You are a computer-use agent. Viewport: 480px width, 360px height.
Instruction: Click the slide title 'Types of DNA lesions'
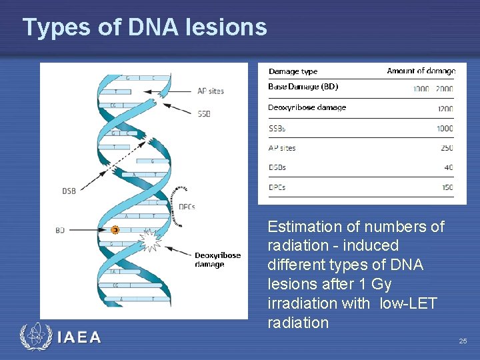click(145, 27)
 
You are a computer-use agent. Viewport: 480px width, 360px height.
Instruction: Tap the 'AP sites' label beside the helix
click(211, 91)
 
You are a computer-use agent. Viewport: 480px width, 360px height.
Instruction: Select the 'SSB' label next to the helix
click(204, 114)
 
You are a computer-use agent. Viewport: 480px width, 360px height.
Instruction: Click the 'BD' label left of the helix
click(60, 230)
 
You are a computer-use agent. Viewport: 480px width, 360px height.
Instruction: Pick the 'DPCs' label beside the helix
click(187, 207)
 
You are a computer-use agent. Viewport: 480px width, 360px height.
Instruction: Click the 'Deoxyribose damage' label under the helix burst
click(217, 259)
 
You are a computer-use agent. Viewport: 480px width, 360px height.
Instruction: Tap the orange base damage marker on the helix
click(115, 230)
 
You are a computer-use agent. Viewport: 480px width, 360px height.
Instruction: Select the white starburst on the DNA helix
click(150, 240)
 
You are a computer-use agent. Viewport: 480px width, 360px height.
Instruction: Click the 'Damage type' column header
click(293, 71)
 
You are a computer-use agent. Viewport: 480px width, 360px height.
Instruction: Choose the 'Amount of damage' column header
click(421, 71)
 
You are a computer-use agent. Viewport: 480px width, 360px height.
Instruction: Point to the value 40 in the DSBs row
click(447, 168)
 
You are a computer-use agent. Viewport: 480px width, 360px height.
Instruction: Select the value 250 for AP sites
click(446, 148)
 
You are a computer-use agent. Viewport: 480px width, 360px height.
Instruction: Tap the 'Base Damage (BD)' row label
click(303, 87)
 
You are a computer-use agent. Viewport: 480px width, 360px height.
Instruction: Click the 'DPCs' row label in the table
click(277, 187)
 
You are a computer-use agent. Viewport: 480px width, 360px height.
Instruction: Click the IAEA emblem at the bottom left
click(35, 337)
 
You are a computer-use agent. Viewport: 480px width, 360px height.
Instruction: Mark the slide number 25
click(463, 341)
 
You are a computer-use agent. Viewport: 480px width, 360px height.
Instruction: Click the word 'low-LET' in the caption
click(408, 303)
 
